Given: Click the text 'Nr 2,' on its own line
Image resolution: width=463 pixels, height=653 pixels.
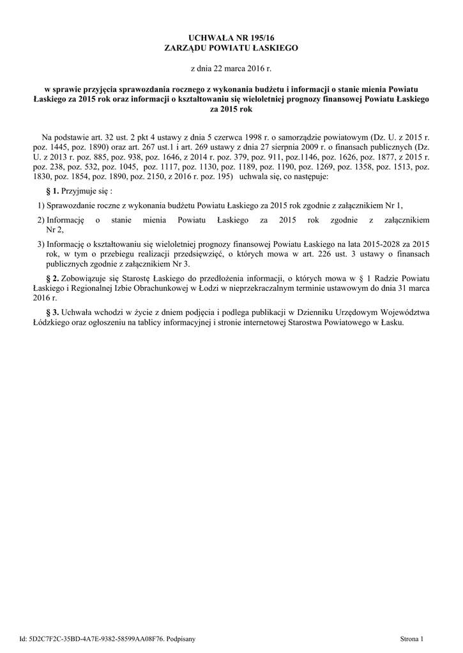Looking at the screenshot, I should click(x=56, y=230).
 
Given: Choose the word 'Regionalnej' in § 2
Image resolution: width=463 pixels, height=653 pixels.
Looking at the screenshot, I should click(x=97, y=288).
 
